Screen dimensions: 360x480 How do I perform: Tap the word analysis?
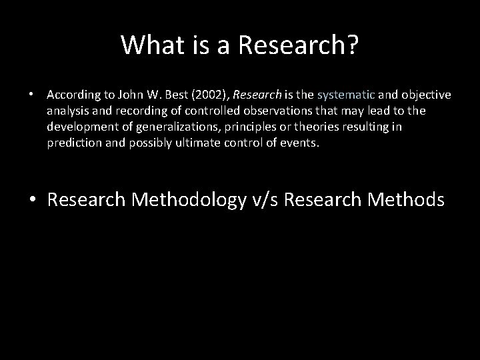tap(66, 111)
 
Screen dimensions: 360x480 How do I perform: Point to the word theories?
tap(311, 127)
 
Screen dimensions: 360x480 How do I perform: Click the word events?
tap(303, 143)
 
